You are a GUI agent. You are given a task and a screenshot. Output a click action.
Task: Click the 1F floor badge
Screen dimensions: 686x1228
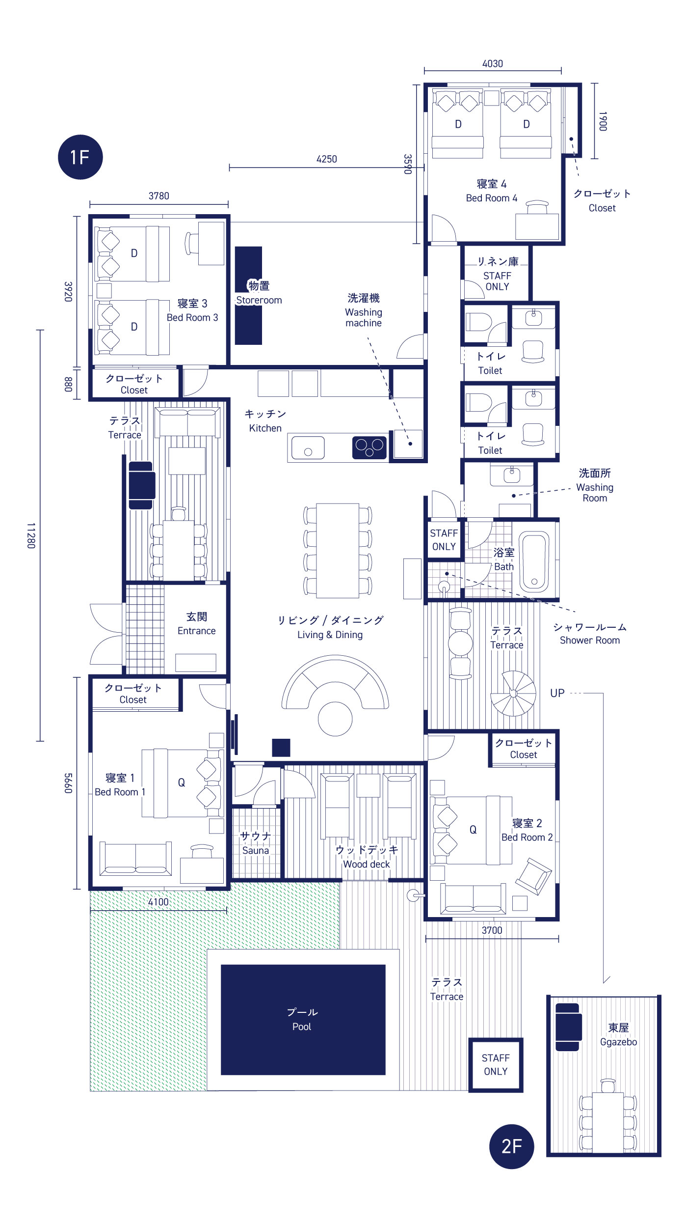point(80,157)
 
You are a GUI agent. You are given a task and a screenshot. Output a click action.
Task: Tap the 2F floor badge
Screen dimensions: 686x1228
point(511,1146)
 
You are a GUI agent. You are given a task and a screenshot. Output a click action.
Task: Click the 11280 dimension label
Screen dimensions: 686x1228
point(31,535)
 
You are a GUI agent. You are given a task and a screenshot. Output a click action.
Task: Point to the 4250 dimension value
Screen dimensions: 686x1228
point(327,159)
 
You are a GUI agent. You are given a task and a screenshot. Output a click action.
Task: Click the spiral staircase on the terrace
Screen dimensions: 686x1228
point(513,693)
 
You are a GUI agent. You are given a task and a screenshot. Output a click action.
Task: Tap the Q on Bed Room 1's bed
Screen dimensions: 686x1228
point(182,783)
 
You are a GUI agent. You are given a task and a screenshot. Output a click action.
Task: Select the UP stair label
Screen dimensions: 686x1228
point(557,693)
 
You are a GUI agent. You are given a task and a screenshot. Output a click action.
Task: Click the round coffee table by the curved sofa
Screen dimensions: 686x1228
point(335,719)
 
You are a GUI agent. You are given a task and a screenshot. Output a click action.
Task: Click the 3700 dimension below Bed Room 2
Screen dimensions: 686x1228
point(492,930)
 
